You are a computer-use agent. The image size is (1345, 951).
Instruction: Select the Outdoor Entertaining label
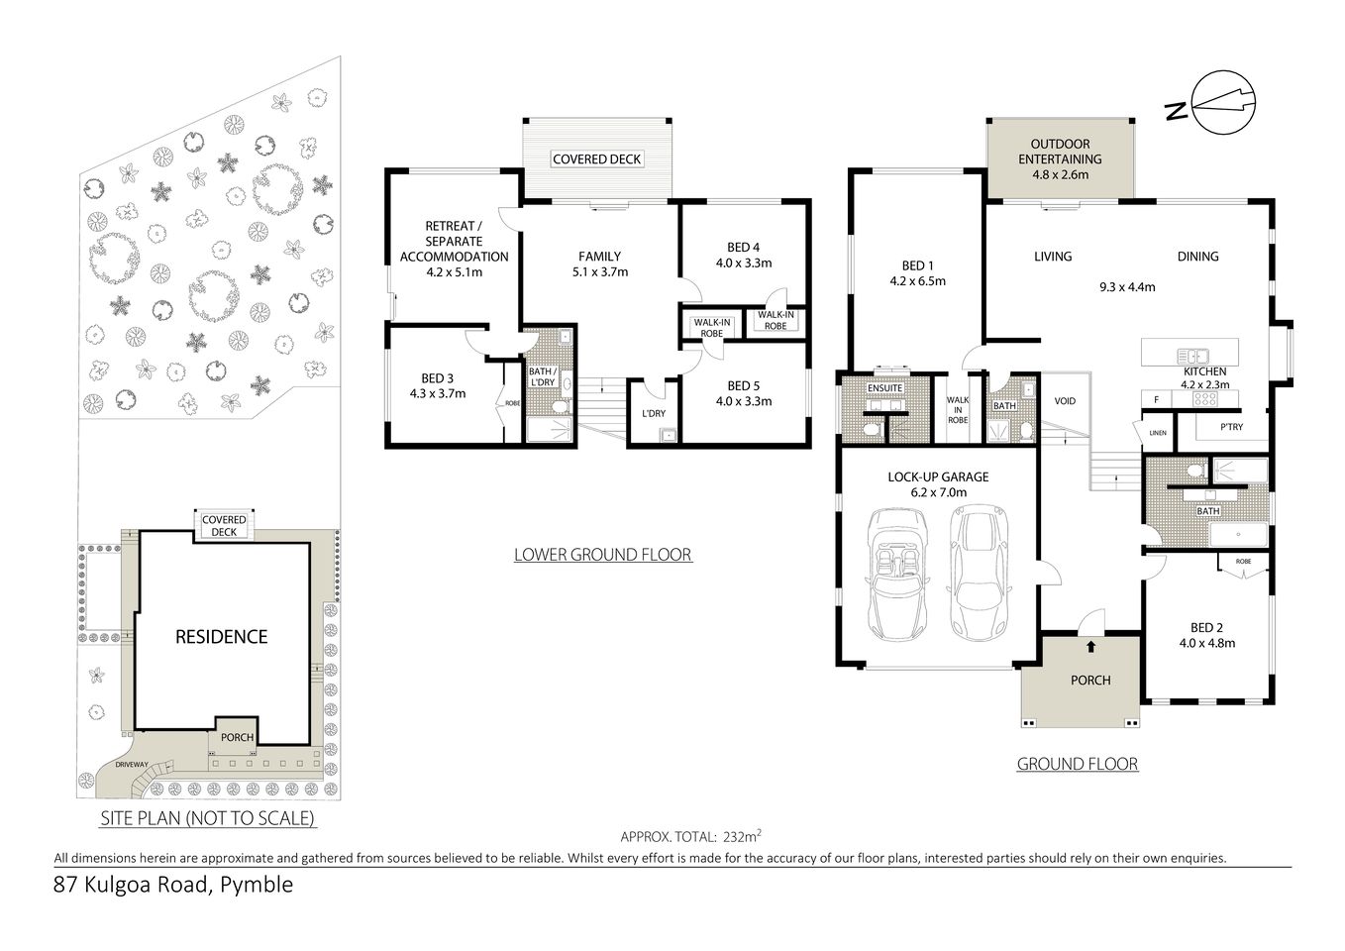1060,158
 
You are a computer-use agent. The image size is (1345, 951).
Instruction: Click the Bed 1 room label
917,265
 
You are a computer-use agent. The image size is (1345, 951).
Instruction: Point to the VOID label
1065,401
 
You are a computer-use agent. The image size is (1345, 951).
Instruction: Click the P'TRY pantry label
1231,427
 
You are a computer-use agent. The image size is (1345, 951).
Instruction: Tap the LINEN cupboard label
1157,433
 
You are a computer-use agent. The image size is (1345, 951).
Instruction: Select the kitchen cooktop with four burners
1204,399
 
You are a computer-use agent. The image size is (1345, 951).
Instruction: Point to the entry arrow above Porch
1090,647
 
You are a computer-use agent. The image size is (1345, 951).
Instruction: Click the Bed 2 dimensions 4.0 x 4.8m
1206,643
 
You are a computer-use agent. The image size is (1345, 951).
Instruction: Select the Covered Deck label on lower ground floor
597,158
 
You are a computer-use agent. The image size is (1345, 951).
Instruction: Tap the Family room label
599,256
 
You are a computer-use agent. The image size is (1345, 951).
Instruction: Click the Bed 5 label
743,385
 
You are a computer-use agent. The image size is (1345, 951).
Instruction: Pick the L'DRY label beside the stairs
654,413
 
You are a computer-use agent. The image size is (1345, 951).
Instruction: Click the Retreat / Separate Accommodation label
454,241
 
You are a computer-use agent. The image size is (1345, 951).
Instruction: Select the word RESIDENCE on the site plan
221,637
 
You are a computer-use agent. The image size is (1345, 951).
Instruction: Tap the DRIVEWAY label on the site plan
132,765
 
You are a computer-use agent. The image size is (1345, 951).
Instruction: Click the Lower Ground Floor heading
602,555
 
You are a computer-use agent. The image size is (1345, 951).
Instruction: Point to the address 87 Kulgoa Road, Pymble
173,885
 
